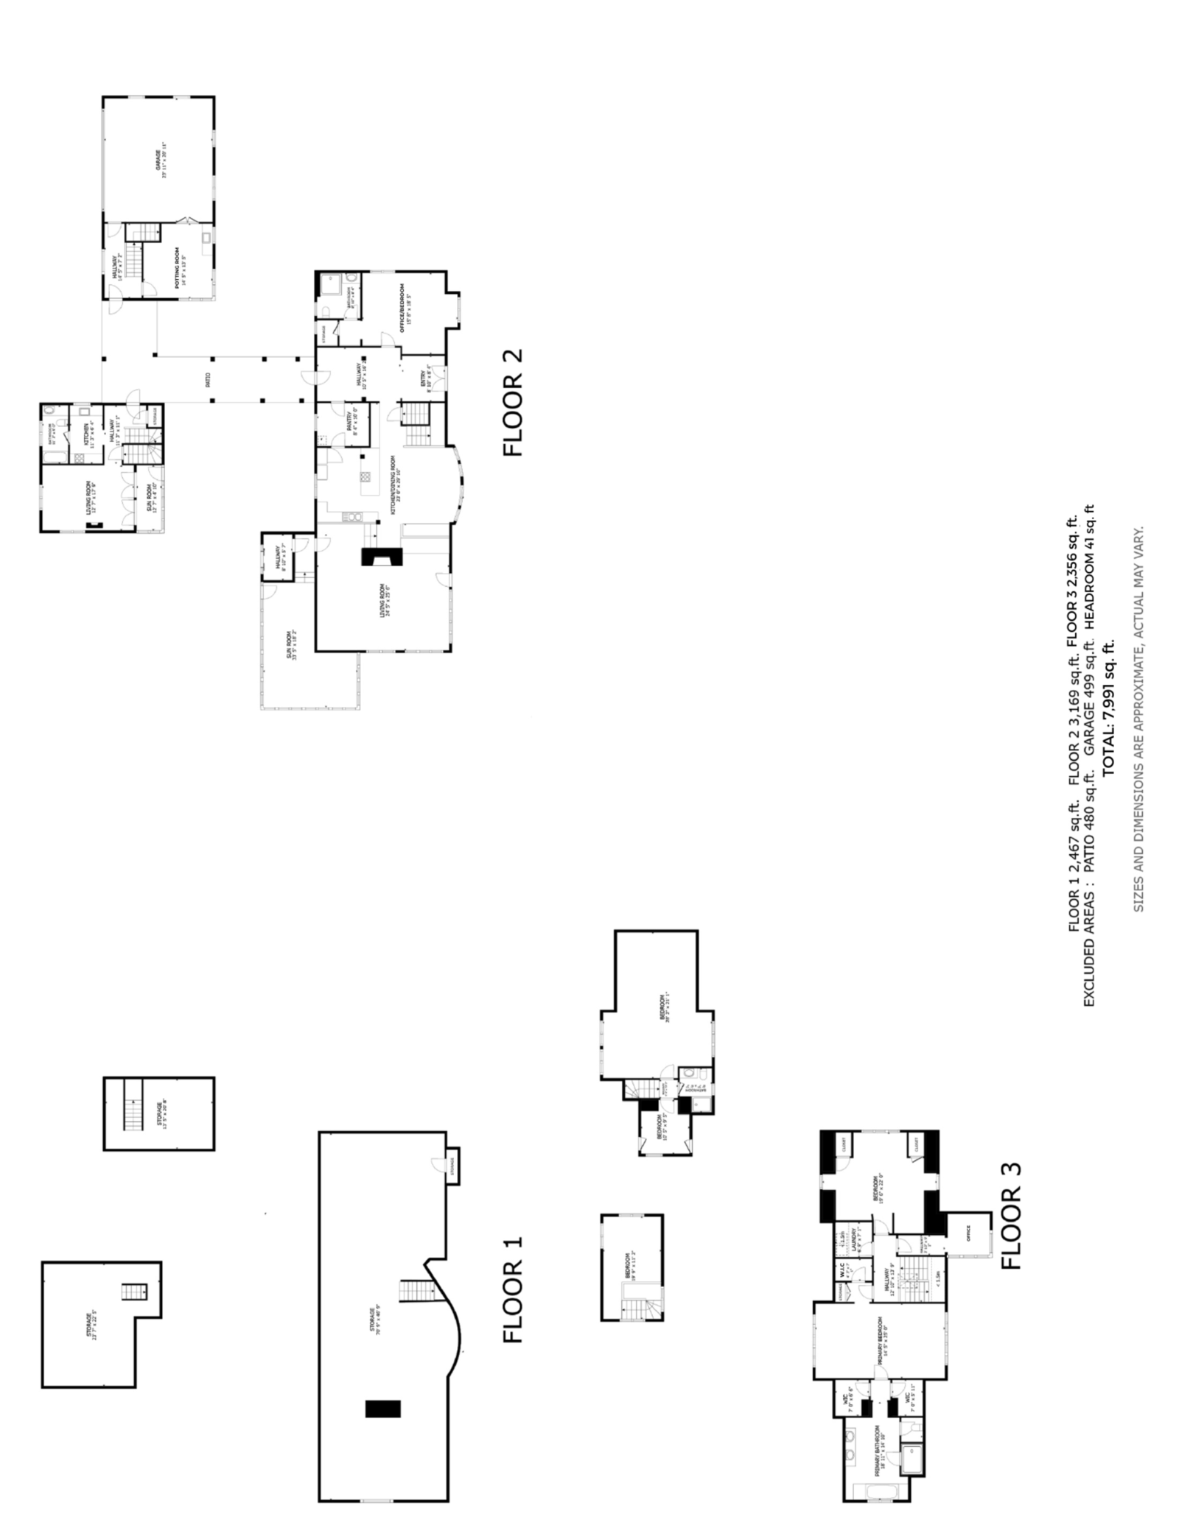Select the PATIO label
coord(208,380)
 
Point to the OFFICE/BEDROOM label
coord(404,308)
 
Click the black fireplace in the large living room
coord(382,557)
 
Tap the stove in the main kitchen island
coord(365,477)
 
